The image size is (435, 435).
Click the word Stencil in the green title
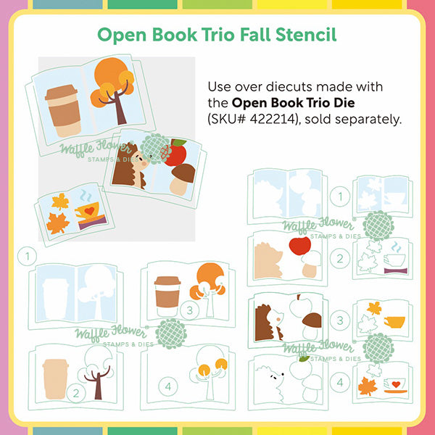[x=306, y=35]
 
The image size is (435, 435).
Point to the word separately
[x=368, y=120]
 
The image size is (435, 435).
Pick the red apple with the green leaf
[x=175, y=152]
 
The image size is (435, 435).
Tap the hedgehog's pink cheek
[x=144, y=164]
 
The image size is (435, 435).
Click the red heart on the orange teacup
[x=89, y=211]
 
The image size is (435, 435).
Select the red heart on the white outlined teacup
[x=396, y=384]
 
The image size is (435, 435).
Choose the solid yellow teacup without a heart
[x=394, y=322]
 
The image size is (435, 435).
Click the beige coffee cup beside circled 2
[x=55, y=378]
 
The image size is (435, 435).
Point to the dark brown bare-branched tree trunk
[x=97, y=383]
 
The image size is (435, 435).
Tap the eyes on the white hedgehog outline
[x=273, y=377]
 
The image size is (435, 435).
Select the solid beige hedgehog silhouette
[x=267, y=261]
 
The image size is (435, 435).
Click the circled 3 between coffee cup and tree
[x=189, y=310]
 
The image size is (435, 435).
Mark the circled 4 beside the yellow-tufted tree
[x=168, y=386]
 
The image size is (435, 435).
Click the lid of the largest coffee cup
[x=61, y=92]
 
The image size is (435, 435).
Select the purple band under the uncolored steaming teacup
[x=396, y=270]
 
